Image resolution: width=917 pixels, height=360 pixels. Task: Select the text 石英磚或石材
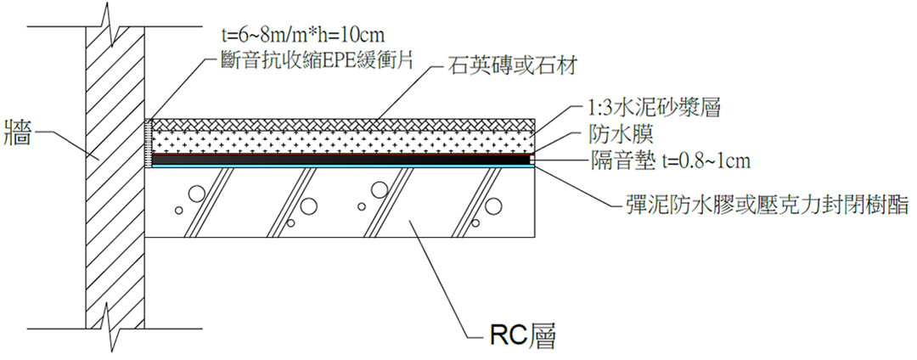(500, 67)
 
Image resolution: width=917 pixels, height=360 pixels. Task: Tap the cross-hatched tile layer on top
(340, 123)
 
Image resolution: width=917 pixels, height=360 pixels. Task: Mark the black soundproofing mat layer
(340, 159)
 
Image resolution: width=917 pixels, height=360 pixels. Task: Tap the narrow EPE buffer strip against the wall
(149, 140)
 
